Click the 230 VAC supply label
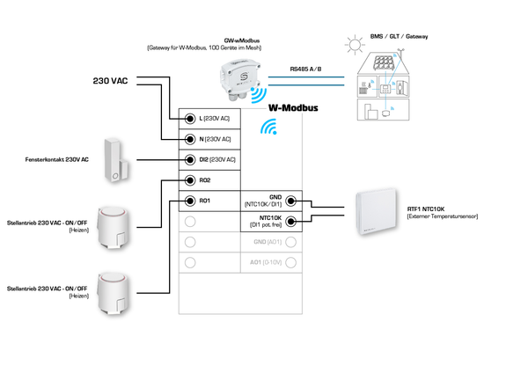[112, 81]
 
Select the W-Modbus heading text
[293, 109]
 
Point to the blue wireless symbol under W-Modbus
[268, 129]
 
